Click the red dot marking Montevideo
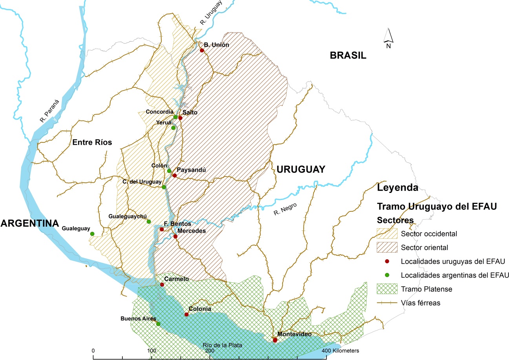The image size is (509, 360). (x=275, y=340)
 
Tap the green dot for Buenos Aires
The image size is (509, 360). (x=158, y=324)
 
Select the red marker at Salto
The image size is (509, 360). (x=181, y=118)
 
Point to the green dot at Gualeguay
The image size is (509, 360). (x=92, y=234)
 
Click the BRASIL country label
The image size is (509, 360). (x=348, y=55)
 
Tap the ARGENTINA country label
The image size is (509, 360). (x=29, y=223)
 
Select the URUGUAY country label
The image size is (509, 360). (x=301, y=169)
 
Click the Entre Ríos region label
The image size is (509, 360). (x=92, y=142)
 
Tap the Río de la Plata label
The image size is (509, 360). (x=223, y=345)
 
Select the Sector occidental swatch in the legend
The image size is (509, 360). (x=387, y=234)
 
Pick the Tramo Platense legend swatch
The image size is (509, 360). (x=387, y=289)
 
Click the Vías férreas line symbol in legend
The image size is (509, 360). (x=387, y=303)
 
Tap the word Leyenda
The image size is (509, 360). (x=397, y=187)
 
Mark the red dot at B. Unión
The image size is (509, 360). (x=202, y=50)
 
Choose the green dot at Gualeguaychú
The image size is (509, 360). (x=149, y=222)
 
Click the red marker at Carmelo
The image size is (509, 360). (x=162, y=285)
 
